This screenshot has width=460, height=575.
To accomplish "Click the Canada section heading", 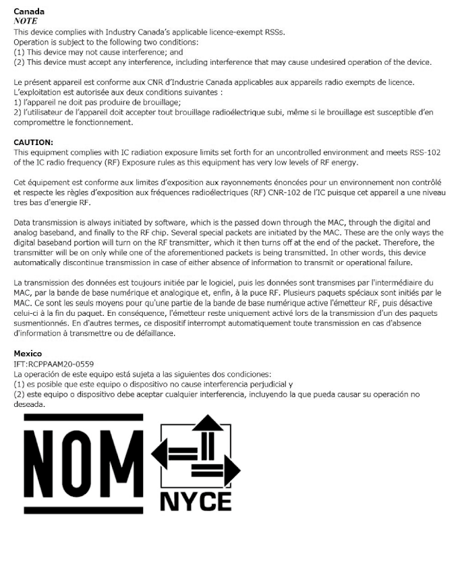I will tap(29, 11).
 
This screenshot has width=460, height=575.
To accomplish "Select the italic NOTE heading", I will tap(26, 21).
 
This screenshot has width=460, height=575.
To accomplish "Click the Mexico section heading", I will tap(28, 354).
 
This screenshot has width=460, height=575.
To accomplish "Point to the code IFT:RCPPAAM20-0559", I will tap(54, 364).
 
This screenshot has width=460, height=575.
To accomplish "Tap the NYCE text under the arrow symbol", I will tap(196, 501).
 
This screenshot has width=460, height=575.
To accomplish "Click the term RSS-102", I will tap(426, 153).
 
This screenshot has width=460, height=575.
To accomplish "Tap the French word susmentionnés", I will tap(40, 323).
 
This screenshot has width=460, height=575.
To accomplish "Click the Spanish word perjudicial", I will tap(250, 384).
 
